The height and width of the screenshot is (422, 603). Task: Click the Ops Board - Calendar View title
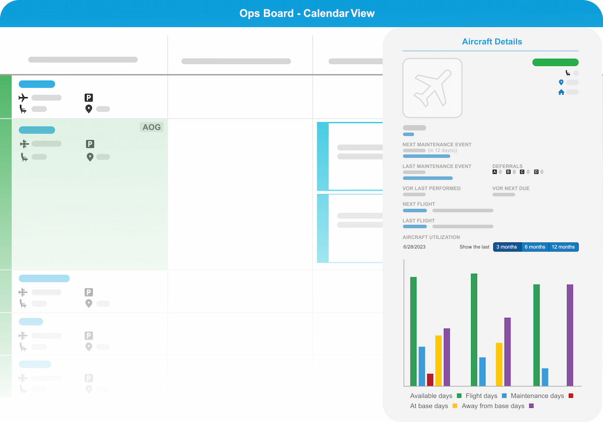click(307, 14)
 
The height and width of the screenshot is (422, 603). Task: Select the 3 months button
click(506, 247)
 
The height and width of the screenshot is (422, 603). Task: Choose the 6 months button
click(535, 247)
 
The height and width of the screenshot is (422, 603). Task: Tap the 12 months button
click(563, 247)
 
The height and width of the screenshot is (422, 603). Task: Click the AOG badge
click(151, 127)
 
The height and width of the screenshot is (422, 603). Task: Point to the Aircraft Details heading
click(492, 42)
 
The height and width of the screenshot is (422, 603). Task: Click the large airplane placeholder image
click(432, 88)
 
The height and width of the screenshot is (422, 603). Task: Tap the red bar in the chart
click(430, 380)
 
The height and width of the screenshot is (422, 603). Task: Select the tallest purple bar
click(570, 335)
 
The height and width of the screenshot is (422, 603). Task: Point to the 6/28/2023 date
click(415, 247)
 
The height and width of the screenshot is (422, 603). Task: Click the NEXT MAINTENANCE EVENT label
click(437, 145)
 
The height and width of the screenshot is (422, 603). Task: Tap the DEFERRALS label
click(508, 167)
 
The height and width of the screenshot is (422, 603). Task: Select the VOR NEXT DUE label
click(511, 188)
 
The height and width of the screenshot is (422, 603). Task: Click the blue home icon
click(561, 92)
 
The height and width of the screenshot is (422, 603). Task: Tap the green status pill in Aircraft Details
click(555, 62)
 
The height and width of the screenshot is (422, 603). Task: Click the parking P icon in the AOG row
click(90, 144)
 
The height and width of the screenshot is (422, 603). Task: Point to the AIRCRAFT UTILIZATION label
click(431, 237)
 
